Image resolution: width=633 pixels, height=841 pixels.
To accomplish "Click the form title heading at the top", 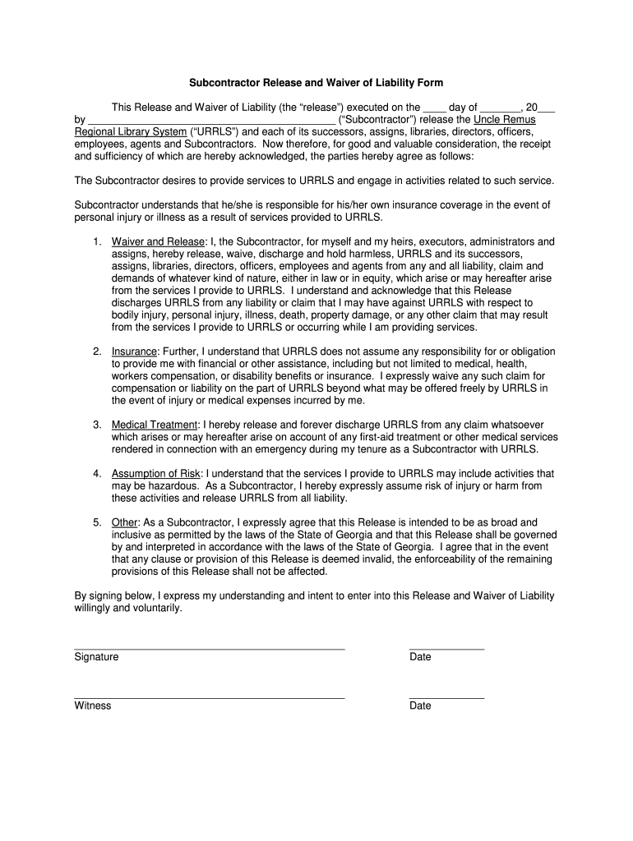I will click(x=316, y=83).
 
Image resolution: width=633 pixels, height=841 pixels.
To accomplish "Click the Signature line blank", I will click(x=209, y=648).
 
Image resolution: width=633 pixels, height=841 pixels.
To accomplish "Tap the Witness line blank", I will click(x=209, y=697).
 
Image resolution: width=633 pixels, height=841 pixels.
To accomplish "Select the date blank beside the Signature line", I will click(x=446, y=648).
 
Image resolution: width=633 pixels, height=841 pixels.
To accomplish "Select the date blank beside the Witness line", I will click(x=446, y=697).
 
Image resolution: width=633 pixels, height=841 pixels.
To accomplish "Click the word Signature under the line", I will click(x=96, y=657).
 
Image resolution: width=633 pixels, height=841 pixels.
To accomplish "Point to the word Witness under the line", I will click(x=93, y=706).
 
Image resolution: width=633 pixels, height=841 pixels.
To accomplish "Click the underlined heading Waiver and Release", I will click(x=158, y=242).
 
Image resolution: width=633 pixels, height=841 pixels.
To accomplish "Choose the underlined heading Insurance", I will click(x=134, y=352).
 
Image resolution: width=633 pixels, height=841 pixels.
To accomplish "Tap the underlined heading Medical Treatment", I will click(x=155, y=425).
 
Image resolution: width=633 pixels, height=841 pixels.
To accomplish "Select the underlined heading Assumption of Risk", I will click(x=156, y=474).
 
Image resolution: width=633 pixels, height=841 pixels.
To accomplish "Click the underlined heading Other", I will click(x=125, y=522).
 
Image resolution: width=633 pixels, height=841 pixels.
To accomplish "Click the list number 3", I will click(x=96, y=425).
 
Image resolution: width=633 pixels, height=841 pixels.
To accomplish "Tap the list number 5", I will click(x=96, y=522).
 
